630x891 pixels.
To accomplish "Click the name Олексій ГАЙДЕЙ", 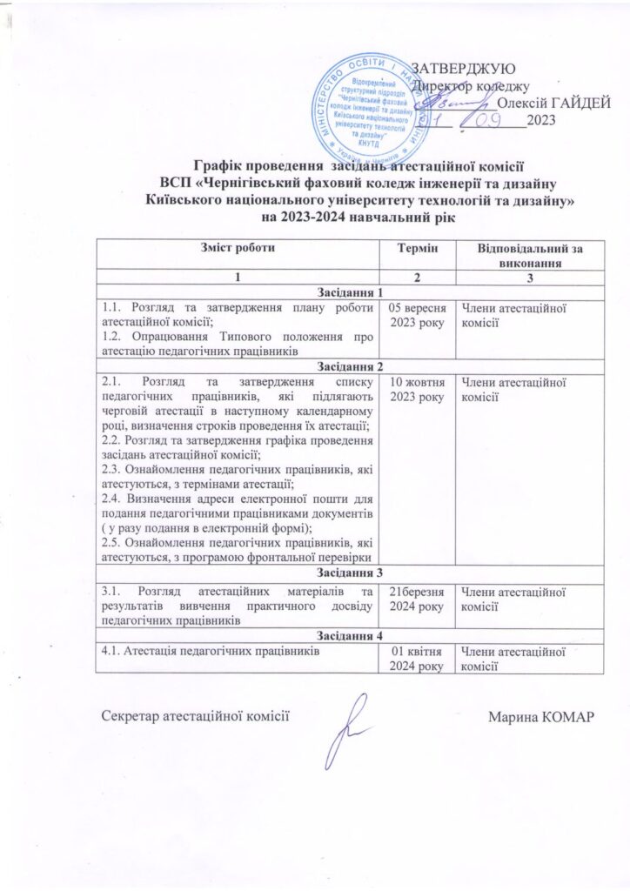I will [553, 103].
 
